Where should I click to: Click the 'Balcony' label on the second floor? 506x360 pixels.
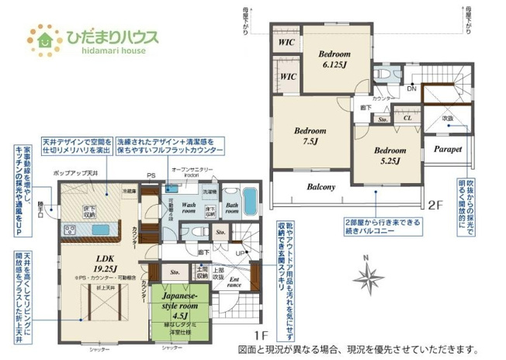[x=321, y=187]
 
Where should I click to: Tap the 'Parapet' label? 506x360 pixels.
[x=448, y=148]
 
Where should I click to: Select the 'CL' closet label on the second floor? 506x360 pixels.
[x=407, y=118]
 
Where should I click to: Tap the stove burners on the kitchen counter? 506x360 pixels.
[x=71, y=230]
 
